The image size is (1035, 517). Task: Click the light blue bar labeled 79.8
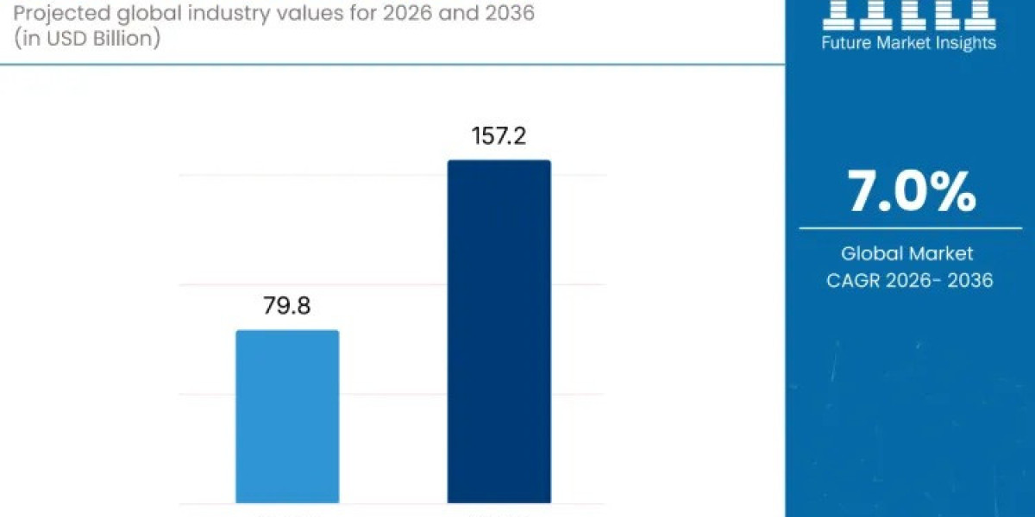(x=287, y=417)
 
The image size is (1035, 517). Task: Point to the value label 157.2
(x=498, y=136)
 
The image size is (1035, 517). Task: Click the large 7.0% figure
(x=911, y=191)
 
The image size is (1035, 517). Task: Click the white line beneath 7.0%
(x=910, y=228)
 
